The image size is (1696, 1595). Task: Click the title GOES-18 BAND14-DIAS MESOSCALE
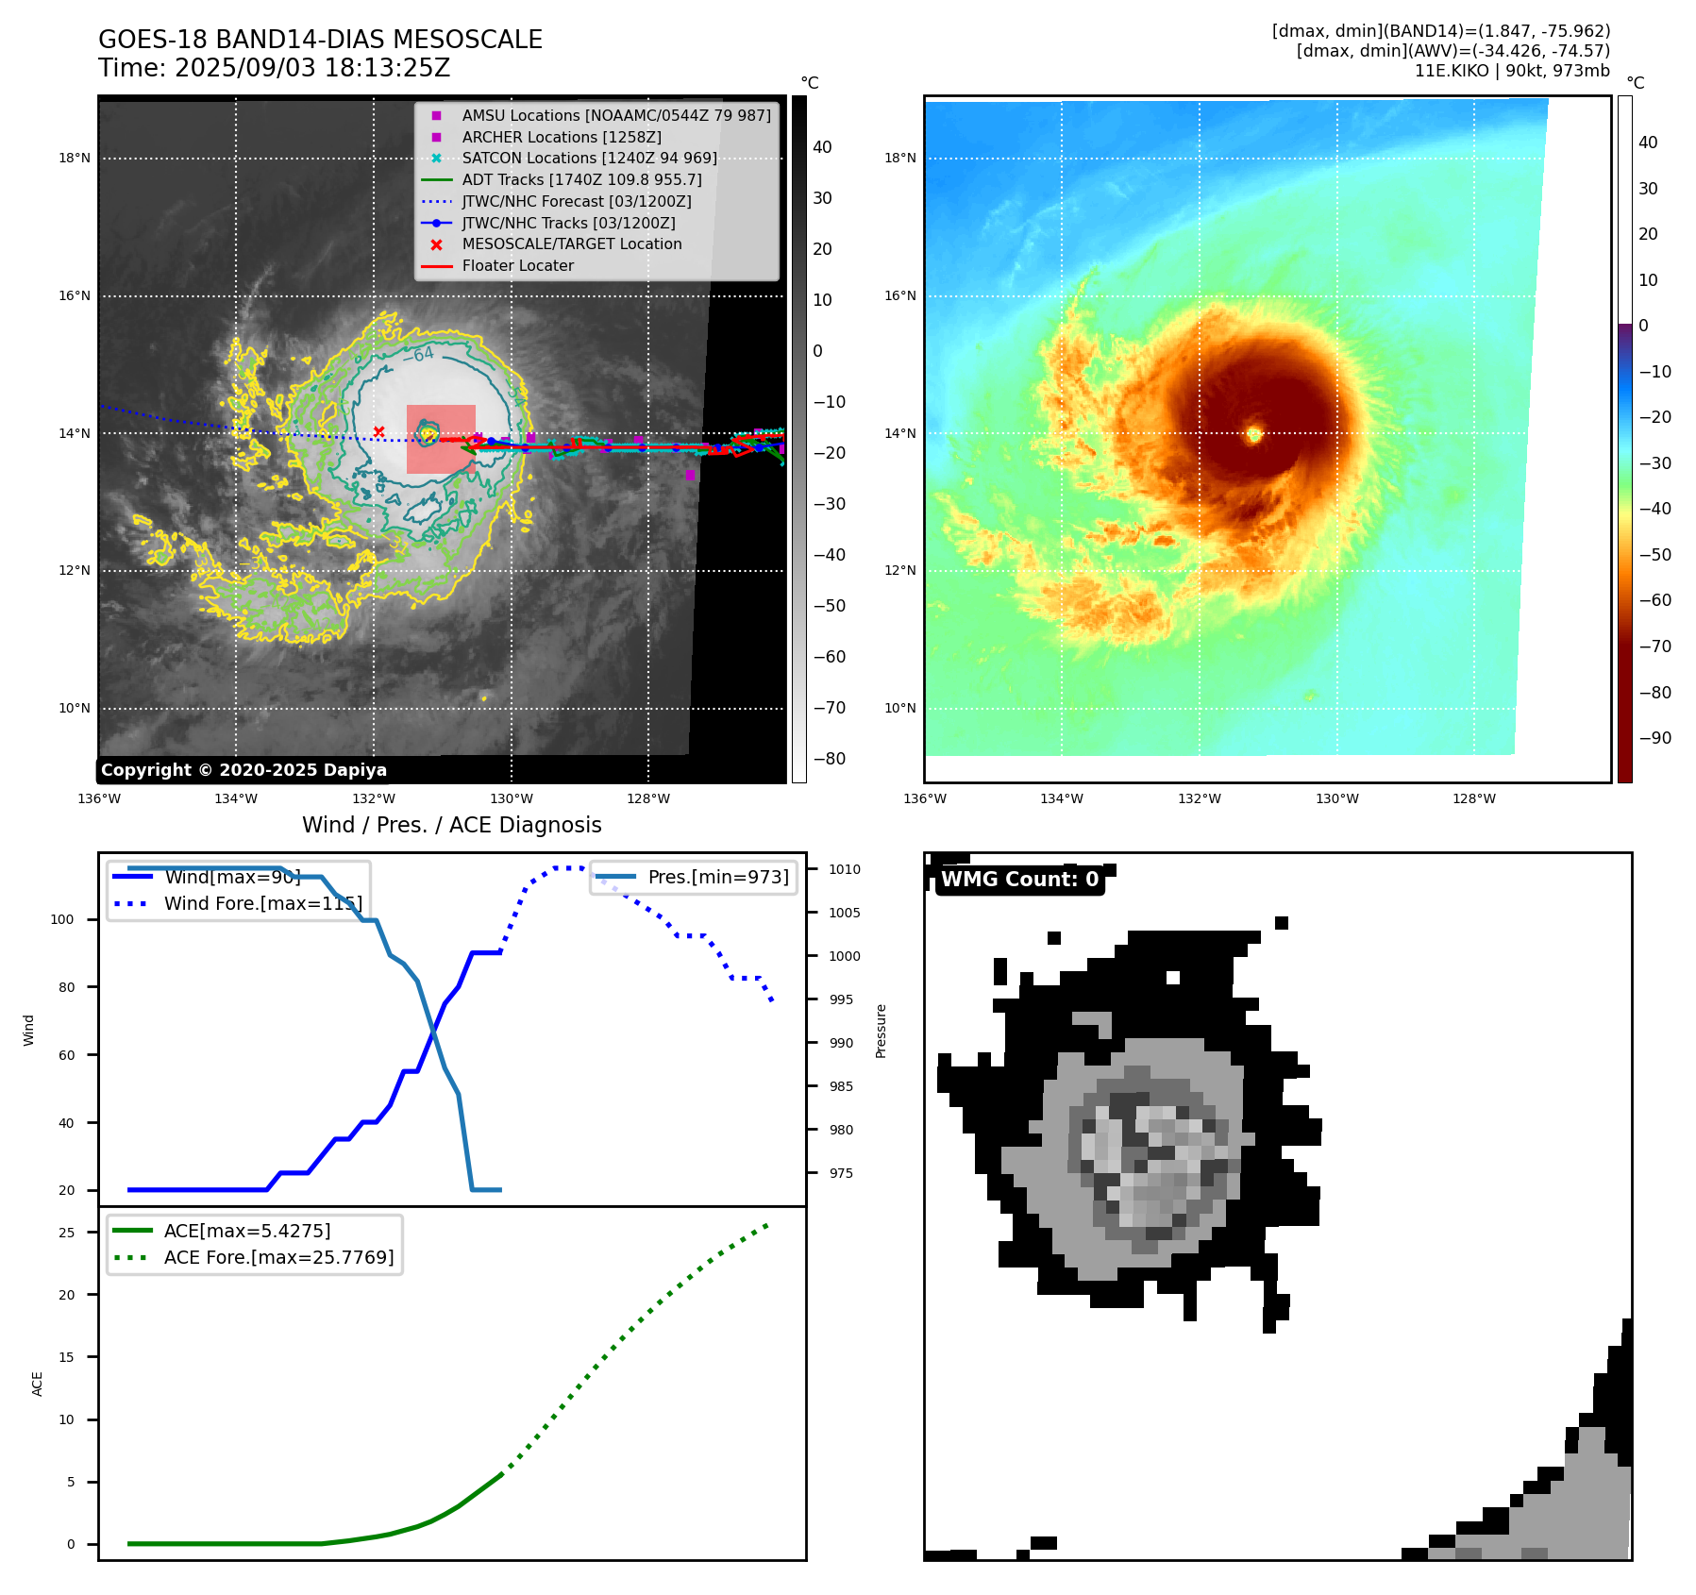320,40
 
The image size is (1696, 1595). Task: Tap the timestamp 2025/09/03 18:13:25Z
311,69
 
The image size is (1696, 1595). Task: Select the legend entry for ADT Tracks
581,179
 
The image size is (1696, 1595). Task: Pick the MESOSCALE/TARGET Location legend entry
571,244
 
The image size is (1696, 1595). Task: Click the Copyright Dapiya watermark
243,770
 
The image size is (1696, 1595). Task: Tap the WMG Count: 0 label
1019,880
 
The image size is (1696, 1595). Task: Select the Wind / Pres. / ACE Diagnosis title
451,825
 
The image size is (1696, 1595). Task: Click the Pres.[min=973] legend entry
717,878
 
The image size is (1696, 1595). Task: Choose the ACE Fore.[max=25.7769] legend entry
278,1257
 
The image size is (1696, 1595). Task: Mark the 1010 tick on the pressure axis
845,869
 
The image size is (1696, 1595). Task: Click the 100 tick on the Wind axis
62,919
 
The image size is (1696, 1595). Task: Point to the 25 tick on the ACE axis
66,1233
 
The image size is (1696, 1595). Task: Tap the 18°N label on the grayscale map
75,159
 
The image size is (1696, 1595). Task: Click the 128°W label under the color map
1473,799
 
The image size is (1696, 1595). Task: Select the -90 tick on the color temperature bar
1654,738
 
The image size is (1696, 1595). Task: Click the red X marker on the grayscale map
378,432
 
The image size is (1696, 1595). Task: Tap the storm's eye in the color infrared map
1253,434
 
